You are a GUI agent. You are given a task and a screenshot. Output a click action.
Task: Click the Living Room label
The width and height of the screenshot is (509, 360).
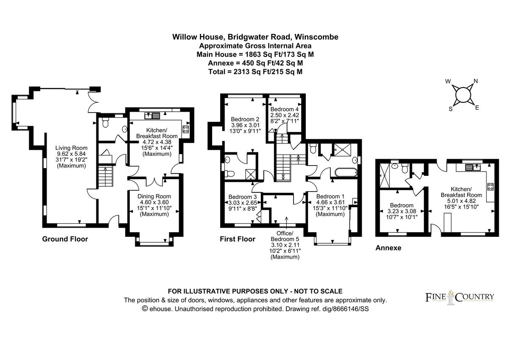[x=71, y=148]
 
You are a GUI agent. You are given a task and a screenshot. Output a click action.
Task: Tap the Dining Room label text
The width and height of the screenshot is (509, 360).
[x=154, y=196]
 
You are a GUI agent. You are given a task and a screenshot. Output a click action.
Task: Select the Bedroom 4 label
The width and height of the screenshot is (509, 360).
[x=285, y=109]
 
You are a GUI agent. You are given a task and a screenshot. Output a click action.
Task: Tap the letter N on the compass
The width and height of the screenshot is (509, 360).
[x=475, y=81]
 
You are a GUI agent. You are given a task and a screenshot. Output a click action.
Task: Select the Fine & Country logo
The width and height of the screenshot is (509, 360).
[x=459, y=296]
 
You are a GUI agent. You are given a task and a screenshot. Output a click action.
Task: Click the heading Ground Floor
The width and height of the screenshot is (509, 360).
[x=65, y=239]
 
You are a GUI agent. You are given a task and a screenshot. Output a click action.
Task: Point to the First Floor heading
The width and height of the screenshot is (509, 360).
[x=237, y=239]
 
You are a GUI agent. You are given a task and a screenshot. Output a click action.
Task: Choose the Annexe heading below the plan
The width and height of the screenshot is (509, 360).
[x=388, y=248]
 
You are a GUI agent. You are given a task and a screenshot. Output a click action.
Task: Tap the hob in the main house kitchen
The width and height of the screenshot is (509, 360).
[x=186, y=129]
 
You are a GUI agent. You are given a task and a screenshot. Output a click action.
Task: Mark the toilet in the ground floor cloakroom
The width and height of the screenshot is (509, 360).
[x=104, y=124]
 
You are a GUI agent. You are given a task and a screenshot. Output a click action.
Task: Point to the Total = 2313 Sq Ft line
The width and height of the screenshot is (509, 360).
[x=255, y=72]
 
